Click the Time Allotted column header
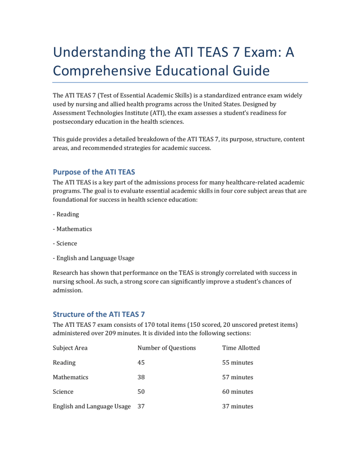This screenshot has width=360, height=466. (241, 348)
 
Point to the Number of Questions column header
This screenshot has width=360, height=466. (166, 348)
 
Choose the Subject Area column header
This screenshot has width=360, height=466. (70, 348)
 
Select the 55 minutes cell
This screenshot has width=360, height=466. (238, 362)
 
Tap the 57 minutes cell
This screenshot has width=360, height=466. (238, 377)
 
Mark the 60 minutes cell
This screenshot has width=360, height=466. (238, 391)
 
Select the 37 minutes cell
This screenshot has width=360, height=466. (238, 406)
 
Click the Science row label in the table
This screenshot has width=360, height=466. (63, 391)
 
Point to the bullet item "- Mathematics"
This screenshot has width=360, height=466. (72, 229)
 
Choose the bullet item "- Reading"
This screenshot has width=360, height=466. (66, 214)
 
